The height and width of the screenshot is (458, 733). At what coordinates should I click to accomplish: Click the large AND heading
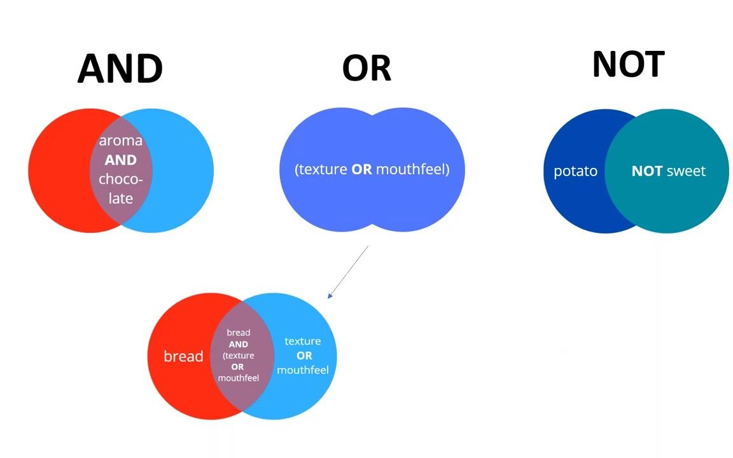[120, 69]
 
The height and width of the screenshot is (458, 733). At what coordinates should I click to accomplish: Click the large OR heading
[366, 68]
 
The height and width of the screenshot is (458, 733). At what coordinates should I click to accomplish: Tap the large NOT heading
[628, 64]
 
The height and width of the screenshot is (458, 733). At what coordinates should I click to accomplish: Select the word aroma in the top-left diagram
[120, 141]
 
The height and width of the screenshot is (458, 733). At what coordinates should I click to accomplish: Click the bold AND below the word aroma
[120, 160]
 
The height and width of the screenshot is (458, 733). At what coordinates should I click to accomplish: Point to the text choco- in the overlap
[120, 179]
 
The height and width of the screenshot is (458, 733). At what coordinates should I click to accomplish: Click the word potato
[575, 171]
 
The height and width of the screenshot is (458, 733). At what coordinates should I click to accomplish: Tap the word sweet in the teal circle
[686, 171]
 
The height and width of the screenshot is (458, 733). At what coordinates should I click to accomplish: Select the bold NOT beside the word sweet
[647, 171]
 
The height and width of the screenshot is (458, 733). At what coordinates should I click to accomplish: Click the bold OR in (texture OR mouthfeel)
[361, 170]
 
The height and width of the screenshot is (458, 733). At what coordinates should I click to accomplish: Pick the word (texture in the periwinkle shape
[321, 170]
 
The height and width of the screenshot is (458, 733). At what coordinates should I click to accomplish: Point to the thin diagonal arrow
[348, 272]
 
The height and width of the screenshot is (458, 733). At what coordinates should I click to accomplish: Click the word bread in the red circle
[183, 356]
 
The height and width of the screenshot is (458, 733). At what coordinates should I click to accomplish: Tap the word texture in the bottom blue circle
[303, 342]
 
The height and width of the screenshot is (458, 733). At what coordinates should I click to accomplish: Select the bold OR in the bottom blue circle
[304, 356]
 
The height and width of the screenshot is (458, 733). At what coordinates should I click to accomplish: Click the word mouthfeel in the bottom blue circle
[303, 370]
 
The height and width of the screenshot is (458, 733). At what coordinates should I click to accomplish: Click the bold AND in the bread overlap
[239, 344]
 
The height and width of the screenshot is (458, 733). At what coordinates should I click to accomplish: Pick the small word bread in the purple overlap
[239, 333]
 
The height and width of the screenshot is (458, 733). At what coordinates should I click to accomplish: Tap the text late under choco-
[120, 198]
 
